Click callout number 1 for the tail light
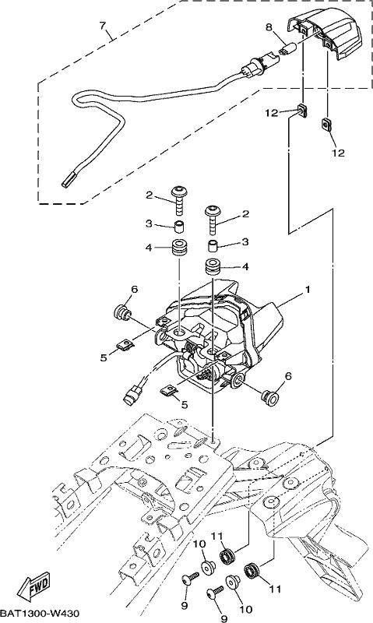pyautogui.click(x=307, y=290)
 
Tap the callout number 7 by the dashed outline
pyautogui.click(x=103, y=26)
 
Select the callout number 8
pyautogui.click(x=269, y=27)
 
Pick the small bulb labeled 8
pyautogui.click(x=285, y=51)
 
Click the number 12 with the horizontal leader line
pyautogui.click(x=272, y=113)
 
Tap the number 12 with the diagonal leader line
pyautogui.click(x=338, y=153)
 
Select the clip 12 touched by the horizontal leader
pyautogui.click(x=303, y=111)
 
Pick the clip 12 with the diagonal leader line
pyautogui.click(x=325, y=125)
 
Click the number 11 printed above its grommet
pyautogui.click(x=227, y=537)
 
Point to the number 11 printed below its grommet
pyautogui.click(x=276, y=589)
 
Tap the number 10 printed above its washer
pyautogui.click(x=200, y=544)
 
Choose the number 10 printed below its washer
pyautogui.click(x=245, y=610)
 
